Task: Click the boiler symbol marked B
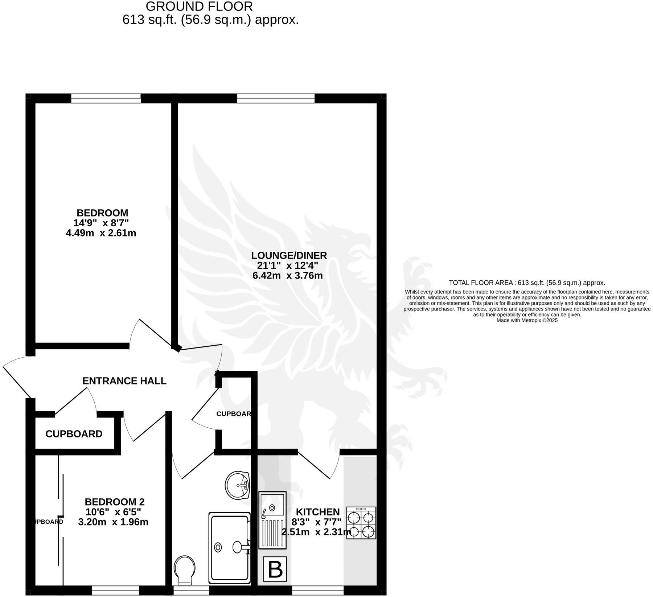click(x=275, y=569)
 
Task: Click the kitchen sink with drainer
click(x=272, y=519)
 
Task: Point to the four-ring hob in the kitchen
click(x=361, y=523)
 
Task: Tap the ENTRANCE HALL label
click(x=124, y=381)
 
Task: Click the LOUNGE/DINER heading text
click(x=289, y=255)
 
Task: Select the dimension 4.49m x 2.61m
click(x=101, y=233)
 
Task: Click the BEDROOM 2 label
click(x=115, y=502)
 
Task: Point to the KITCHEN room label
click(x=318, y=512)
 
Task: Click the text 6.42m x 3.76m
click(x=288, y=275)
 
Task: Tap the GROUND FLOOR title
click(x=199, y=7)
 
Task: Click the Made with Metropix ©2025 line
click(x=527, y=320)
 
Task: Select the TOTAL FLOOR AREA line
click(x=527, y=283)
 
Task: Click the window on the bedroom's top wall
click(x=106, y=98)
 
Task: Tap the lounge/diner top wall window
click(x=276, y=98)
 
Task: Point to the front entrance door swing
click(x=16, y=375)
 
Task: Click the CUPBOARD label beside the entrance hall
click(x=74, y=434)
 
